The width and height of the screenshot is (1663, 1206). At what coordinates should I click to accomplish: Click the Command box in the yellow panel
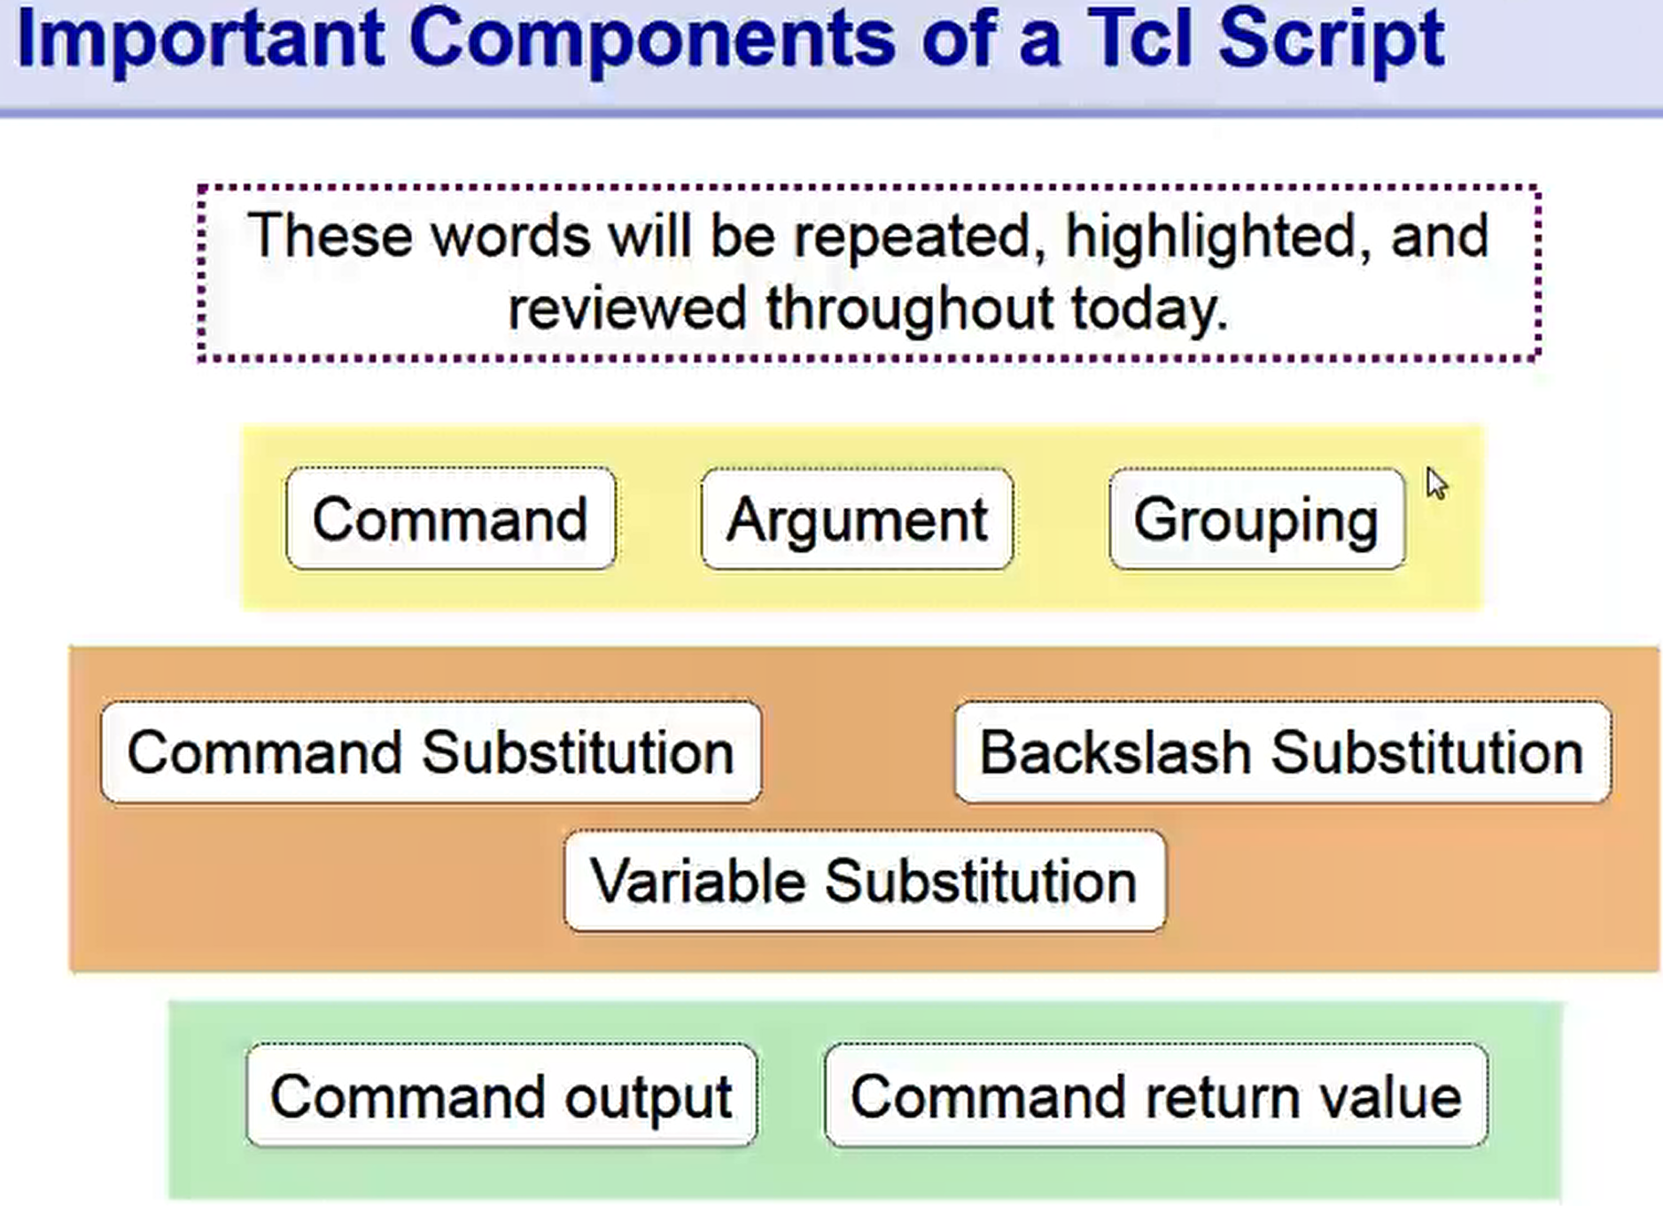(x=450, y=518)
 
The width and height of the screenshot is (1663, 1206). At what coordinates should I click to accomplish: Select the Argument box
(x=857, y=518)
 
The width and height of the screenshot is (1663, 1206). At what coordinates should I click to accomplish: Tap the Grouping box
(x=1256, y=518)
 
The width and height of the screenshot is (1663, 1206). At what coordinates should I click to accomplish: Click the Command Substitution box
(x=431, y=752)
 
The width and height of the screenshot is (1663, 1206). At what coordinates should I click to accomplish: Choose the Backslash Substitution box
(x=1281, y=752)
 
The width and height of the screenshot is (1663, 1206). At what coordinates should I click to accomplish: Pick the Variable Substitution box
(x=864, y=881)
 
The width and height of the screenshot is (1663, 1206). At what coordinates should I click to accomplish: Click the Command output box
(x=501, y=1096)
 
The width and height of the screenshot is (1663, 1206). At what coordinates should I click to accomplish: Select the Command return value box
(x=1155, y=1096)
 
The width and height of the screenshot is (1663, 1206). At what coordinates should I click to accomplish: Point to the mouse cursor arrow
(x=1435, y=484)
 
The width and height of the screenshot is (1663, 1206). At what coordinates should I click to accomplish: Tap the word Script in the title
(x=1331, y=40)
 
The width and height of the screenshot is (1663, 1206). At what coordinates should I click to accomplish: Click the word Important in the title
(x=200, y=40)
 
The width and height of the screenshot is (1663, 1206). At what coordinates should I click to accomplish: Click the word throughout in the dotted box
(x=909, y=309)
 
